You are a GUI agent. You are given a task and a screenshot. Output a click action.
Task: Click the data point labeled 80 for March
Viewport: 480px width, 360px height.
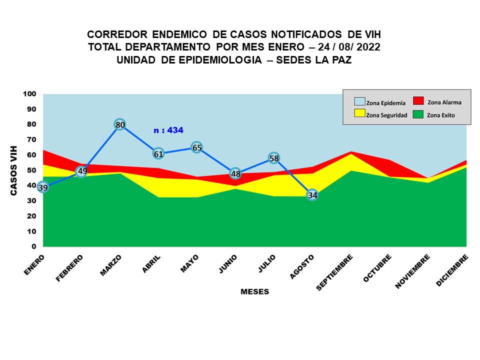pyautogui.click(x=119, y=124)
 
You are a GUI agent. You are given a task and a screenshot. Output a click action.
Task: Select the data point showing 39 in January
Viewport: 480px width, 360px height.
pyautogui.click(x=43, y=187)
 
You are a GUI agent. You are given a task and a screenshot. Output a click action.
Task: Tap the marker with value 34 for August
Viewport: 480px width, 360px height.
pyautogui.click(x=312, y=195)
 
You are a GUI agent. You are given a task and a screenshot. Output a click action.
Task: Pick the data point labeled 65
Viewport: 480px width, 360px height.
pyautogui.click(x=196, y=147)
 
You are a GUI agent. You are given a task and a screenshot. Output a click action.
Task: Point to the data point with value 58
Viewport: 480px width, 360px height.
pyautogui.click(x=274, y=158)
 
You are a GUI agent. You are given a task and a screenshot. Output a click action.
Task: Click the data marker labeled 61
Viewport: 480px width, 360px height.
pyautogui.click(x=158, y=153)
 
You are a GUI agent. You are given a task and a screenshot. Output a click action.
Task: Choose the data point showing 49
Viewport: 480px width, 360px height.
pyautogui.click(x=82, y=171)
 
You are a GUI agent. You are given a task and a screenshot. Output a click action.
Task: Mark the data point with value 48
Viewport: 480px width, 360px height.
pyautogui.click(x=235, y=173)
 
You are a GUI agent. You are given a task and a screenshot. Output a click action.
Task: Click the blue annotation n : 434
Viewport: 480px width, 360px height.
pyautogui.click(x=168, y=130)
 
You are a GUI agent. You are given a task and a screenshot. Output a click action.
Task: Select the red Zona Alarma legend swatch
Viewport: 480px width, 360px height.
pyautogui.click(x=418, y=100)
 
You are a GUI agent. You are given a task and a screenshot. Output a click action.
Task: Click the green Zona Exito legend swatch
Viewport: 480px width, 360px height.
pyautogui.click(x=418, y=114)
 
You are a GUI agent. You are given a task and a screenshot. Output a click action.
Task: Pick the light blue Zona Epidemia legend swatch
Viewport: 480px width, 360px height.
pyautogui.click(x=359, y=101)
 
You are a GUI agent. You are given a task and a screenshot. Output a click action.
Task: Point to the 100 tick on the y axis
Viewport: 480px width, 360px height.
pyautogui.click(x=29, y=94)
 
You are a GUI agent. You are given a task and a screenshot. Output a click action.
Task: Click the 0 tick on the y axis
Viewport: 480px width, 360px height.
pyautogui.click(x=34, y=246)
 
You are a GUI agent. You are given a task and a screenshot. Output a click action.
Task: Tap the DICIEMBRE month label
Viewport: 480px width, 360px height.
pyautogui.click(x=452, y=270)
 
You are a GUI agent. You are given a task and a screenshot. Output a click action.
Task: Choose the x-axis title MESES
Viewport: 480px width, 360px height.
pyautogui.click(x=254, y=291)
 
